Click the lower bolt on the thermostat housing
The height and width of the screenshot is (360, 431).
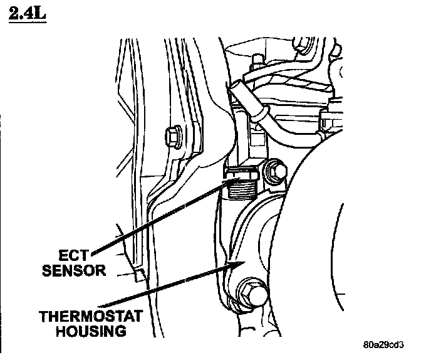(x=251, y=292)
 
